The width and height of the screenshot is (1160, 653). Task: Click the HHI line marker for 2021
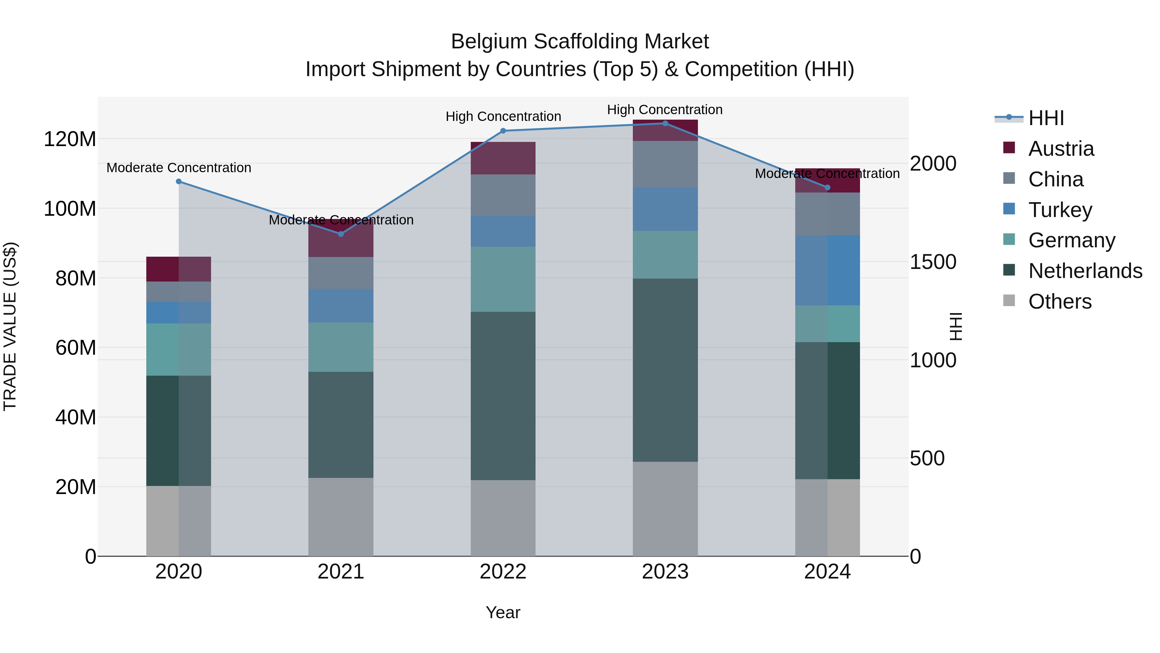341,234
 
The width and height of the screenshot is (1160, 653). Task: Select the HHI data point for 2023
665,124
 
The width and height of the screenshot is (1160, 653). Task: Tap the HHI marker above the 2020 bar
179,182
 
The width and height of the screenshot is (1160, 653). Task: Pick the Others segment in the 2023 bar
665,509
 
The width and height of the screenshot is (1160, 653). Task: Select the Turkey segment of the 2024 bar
827,271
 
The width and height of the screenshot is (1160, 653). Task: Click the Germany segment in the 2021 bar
341,347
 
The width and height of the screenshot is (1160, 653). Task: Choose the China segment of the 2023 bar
665,164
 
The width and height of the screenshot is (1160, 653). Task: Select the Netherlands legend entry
1085,271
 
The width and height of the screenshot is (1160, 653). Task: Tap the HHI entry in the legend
1046,118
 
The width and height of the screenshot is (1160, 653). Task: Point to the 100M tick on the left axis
70,209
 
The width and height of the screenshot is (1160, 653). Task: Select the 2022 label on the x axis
503,572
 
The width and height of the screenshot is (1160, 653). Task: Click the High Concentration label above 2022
503,116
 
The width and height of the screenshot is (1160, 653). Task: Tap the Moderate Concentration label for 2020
179,168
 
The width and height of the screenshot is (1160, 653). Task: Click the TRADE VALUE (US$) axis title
10,326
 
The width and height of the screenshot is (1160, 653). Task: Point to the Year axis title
503,612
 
